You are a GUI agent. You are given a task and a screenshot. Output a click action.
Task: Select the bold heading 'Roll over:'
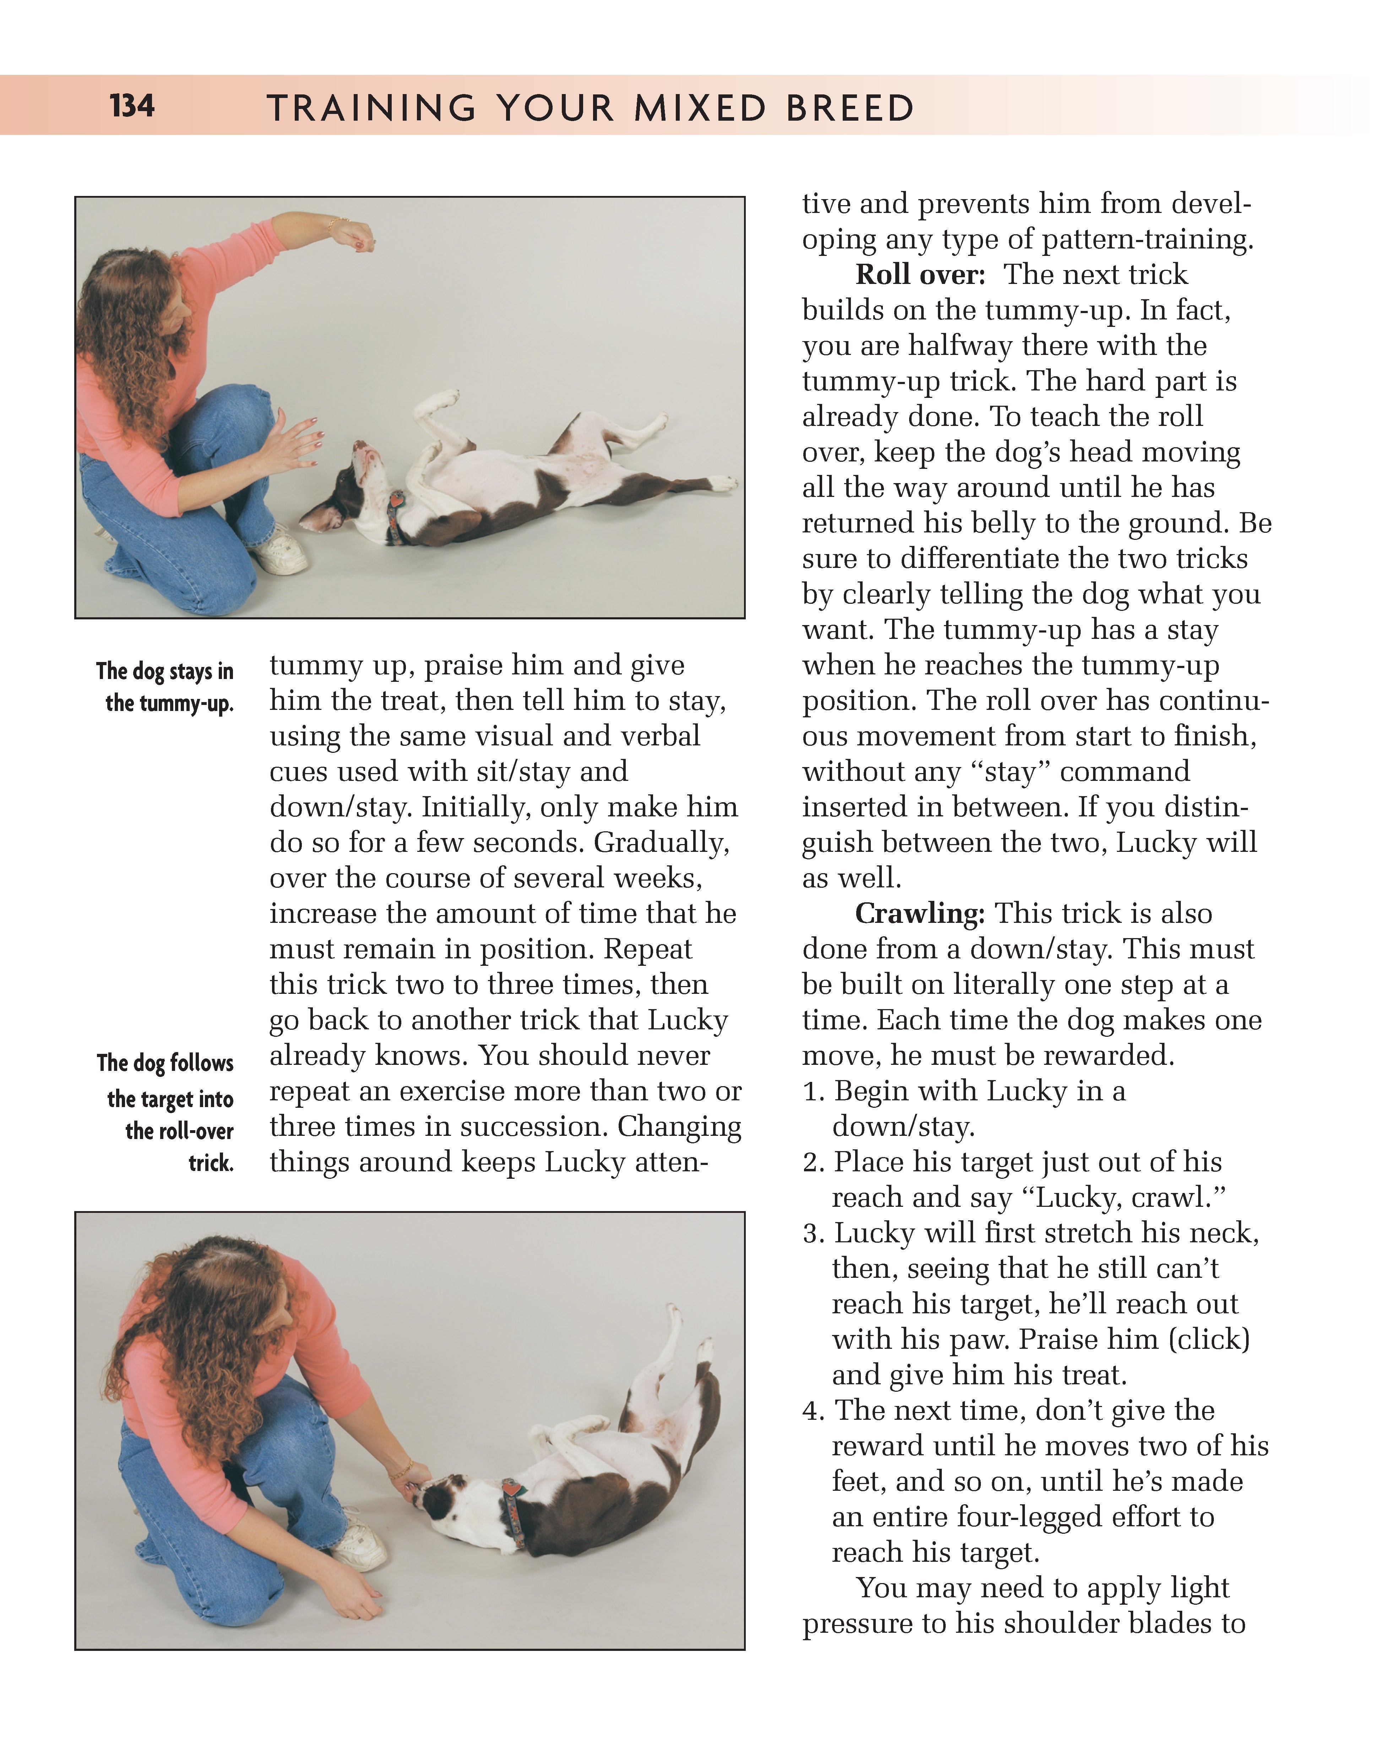pos(919,275)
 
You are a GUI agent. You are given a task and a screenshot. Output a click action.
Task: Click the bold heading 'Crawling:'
pos(919,913)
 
